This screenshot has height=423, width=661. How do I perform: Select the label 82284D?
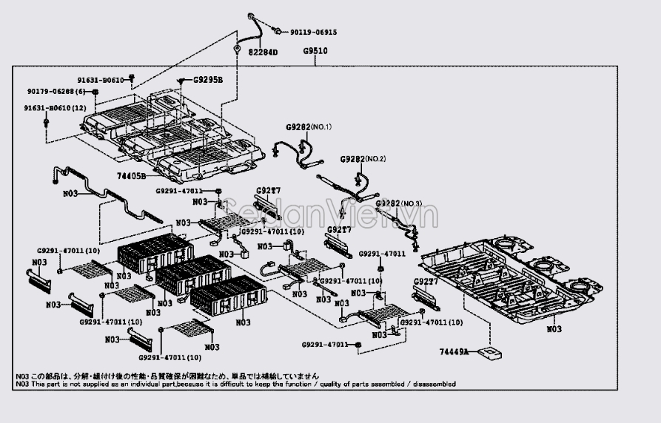click(262, 53)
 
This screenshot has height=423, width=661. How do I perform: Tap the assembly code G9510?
click(315, 52)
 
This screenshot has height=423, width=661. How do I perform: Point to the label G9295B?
click(208, 79)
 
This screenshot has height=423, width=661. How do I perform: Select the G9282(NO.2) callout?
click(363, 159)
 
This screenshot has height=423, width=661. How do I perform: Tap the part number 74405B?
click(131, 177)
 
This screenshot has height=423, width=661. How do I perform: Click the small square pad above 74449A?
click(489, 353)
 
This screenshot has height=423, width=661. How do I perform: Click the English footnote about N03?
click(235, 385)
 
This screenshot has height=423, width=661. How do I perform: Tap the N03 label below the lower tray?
click(553, 328)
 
